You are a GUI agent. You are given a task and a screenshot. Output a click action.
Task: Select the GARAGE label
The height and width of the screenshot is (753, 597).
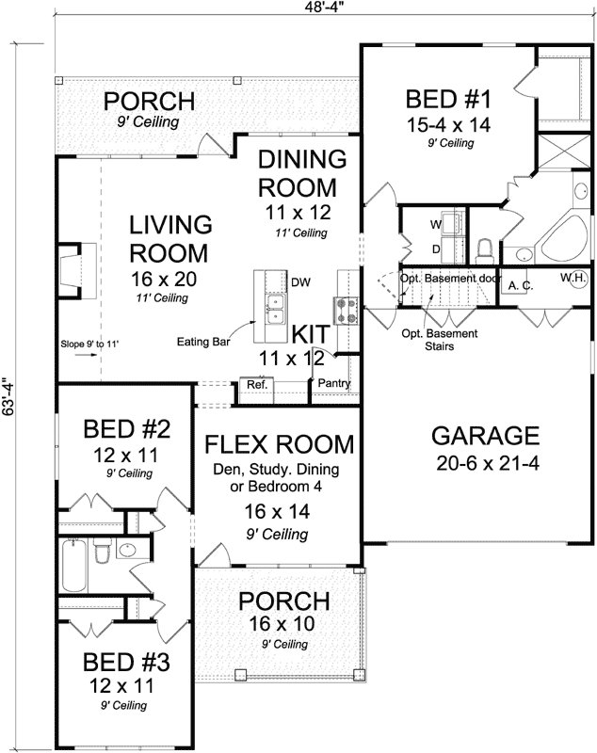click(x=485, y=435)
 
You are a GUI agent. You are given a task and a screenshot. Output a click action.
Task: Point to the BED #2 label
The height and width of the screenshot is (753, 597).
click(x=126, y=431)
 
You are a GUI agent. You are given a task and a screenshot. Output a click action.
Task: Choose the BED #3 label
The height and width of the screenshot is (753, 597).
click(x=126, y=662)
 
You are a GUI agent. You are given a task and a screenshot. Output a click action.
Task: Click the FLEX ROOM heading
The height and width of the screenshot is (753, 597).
click(x=280, y=443)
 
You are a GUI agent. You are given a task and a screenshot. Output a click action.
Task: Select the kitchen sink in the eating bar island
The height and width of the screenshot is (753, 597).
click(x=275, y=308)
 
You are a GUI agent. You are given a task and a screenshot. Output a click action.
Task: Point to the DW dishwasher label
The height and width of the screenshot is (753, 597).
click(x=300, y=281)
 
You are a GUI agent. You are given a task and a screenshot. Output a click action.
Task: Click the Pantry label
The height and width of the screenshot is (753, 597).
click(x=334, y=384)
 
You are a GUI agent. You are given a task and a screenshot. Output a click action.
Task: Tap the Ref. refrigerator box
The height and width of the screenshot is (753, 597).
click(x=257, y=385)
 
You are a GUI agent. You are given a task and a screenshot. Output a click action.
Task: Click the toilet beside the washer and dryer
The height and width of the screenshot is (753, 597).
click(x=486, y=248)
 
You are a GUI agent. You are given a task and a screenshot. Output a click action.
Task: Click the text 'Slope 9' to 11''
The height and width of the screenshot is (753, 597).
click(x=92, y=344)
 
